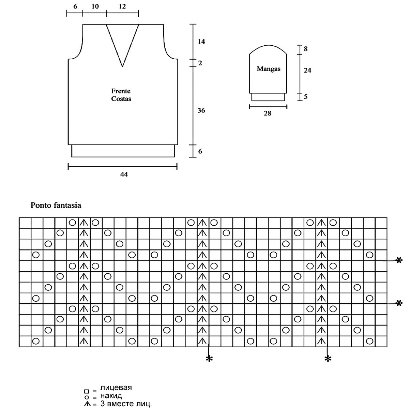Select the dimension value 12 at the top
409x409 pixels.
pyautogui.click(x=122, y=6)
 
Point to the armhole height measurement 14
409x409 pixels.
pyautogui.click(x=201, y=42)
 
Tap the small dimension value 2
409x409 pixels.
pyautogui.click(x=200, y=63)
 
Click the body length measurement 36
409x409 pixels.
pyautogui.click(x=201, y=110)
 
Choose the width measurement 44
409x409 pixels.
pyautogui.click(x=124, y=174)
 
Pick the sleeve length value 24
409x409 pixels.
pyautogui.click(x=307, y=70)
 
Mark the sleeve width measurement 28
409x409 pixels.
pyautogui.click(x=268, y=113)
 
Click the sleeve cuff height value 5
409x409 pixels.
pyautogui.click(x=306, y=97)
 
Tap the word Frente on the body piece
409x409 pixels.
pyautogui.click(x=121, y=91)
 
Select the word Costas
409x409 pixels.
pyautogui.click(x=121, y=99)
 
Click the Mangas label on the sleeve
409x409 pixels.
pyautogui.click(x=269, y=69)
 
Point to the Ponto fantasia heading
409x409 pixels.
pyautogui.click(x=56, y=206)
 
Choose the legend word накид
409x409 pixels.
pyautogui.click(x=111, y=396)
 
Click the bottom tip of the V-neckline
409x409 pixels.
pyautogui.click(x=122, y=66)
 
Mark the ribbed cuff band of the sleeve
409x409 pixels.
pyautogui.click(x=268, y=97)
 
